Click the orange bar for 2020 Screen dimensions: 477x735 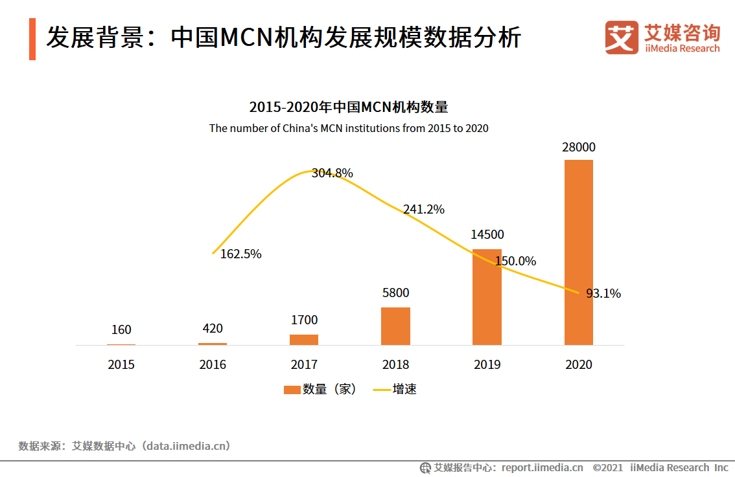click(579, 252)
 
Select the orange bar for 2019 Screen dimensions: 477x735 click(487, 297)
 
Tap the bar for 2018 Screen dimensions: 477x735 click(395, 326)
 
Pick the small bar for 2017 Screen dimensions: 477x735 click(304, 340)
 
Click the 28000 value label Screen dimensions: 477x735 click(579, 148)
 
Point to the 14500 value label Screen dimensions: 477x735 click(487, 235)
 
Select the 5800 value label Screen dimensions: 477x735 click(395, 293)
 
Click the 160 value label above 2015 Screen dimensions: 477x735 click(121, 330)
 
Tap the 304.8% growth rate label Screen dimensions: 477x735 click(332, 173)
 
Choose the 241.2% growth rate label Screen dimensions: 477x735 click(423, 210)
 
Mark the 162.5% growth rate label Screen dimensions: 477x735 click(240, 254)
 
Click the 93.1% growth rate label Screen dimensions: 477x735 click(603, 294)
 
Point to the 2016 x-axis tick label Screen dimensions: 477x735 click(213, 365)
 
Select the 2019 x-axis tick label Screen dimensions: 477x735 click(487, 365)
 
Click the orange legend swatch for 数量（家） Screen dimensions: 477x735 click(292, 390)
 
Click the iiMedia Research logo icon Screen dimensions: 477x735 click(622, 38)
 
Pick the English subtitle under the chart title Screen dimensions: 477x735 click(349, 128)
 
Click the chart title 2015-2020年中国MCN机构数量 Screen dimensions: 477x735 click(349, 107)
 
